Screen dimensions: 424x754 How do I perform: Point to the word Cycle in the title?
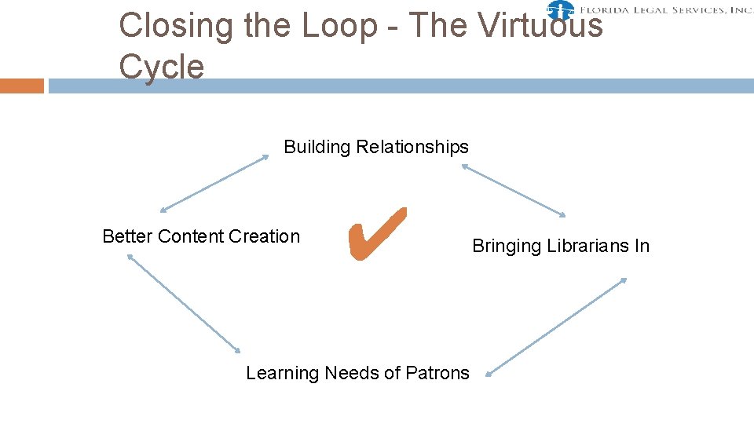[x=161, y=67]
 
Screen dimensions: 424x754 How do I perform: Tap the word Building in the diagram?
[x=317, y=147]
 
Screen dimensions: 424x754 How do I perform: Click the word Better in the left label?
[x=127, y=236]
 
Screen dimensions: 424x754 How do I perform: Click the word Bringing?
[x=507, y=246]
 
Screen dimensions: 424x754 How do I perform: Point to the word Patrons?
[x=438, y=373]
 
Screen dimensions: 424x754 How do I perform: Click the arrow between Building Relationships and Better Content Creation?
[x=214, y=184]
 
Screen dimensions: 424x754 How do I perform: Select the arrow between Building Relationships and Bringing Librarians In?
[x=514, y=190]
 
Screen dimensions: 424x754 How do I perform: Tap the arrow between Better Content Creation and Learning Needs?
[x=184, y=303]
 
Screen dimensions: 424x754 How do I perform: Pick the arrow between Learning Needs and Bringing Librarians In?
[x=556, y=327]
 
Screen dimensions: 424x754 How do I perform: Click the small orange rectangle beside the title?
[x=22, y=86]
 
